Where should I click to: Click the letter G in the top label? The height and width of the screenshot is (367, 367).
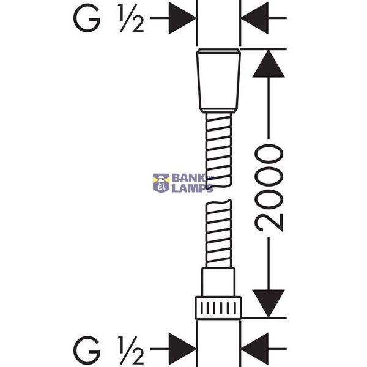(x=87, y=18)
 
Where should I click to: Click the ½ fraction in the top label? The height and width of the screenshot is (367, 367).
(x=132, y=18)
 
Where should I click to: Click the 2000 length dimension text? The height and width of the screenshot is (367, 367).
(x=269, y=188)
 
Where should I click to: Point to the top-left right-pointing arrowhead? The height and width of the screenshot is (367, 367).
(x=182, y=18)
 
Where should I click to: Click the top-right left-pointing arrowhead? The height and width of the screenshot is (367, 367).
(x=254, y=18)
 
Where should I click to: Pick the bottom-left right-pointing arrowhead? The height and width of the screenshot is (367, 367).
(x=182, y=349)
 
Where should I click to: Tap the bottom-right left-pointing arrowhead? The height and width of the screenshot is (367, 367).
(x=254, y=349)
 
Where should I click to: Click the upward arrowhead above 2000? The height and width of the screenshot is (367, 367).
(x=269, y=64)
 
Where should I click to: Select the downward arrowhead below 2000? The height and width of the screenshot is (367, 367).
(x=269, y=303)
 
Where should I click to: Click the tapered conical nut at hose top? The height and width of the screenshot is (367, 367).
(x=218, y=81)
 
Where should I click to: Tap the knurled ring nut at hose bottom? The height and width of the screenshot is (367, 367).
(x=218, y=308)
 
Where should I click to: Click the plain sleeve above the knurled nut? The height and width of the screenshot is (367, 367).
(x=218, y=282)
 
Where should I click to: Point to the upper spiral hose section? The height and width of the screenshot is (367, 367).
(x=218, y=150)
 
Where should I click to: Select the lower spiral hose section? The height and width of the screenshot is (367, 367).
(x=218, y=234)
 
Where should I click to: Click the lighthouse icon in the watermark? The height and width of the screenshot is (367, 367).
(x=161, y=183)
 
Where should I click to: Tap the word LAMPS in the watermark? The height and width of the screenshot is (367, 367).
(x=193, y=188)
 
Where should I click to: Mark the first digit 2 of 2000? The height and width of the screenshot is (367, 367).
(x=269, y=223)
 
